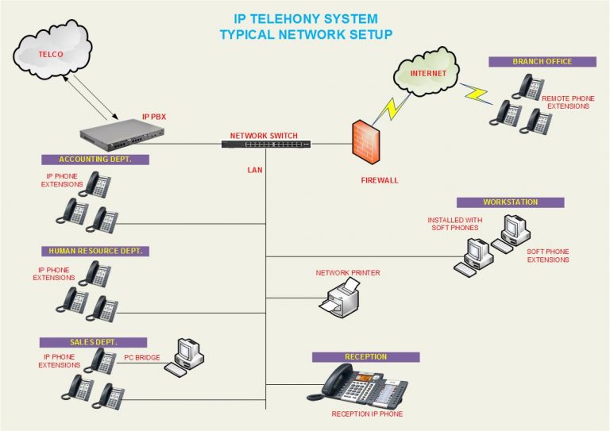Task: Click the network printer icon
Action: tap(340, 298)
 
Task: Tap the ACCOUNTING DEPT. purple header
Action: tap(96, 160)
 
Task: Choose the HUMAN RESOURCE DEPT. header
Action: tap(96, 251)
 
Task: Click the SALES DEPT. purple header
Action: tap(94, 342)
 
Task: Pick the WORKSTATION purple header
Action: tap(510, 202)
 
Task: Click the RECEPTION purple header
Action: tap(365, 357)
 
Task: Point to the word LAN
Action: tap(254, 170)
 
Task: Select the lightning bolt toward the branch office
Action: tap(477, 94)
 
